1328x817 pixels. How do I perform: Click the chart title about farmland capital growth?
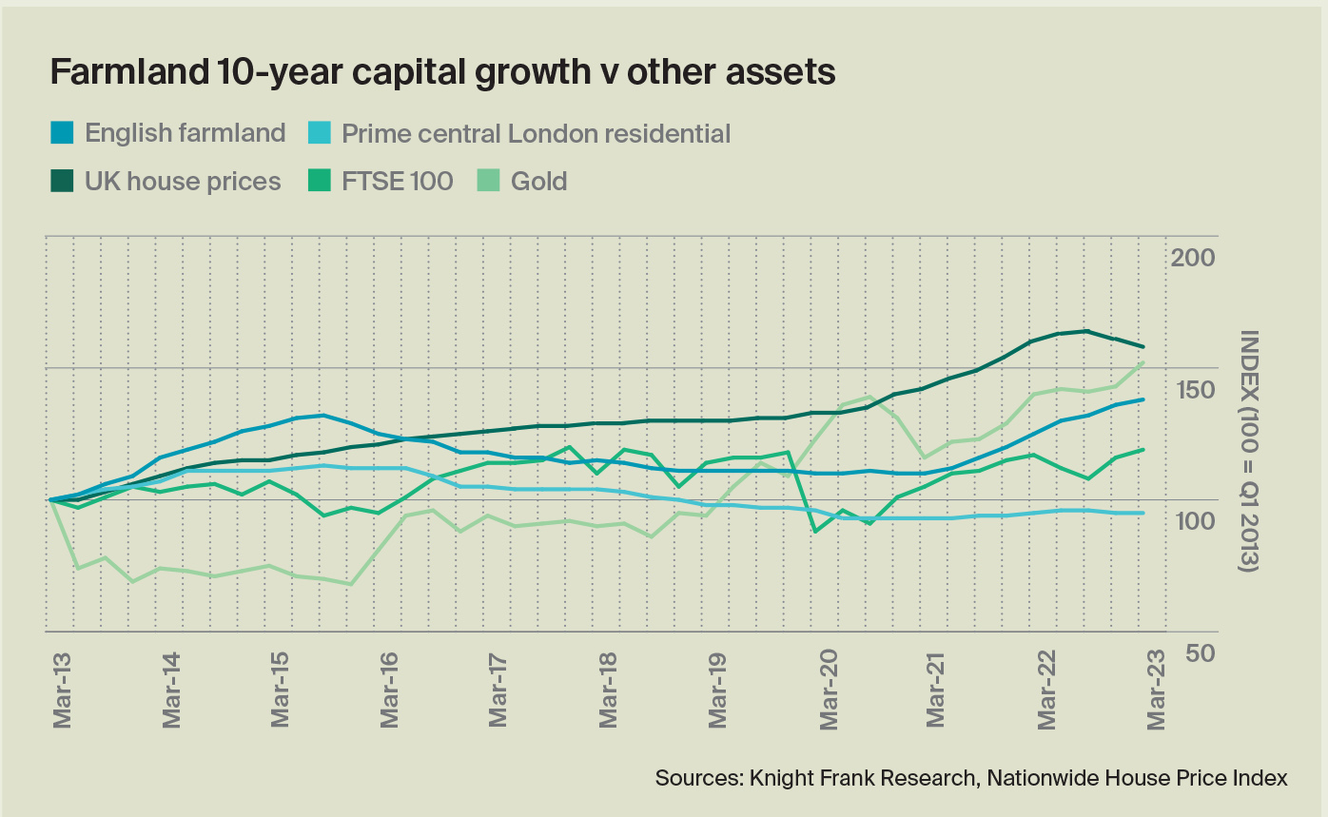(442, 72)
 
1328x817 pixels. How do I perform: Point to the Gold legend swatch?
(486, 181)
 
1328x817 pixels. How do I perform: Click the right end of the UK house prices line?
(1142, 346)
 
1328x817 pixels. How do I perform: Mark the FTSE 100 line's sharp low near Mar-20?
(814, 531)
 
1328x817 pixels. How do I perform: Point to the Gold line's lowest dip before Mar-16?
(350, 584)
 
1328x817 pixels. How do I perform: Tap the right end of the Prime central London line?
(1142, 513)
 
